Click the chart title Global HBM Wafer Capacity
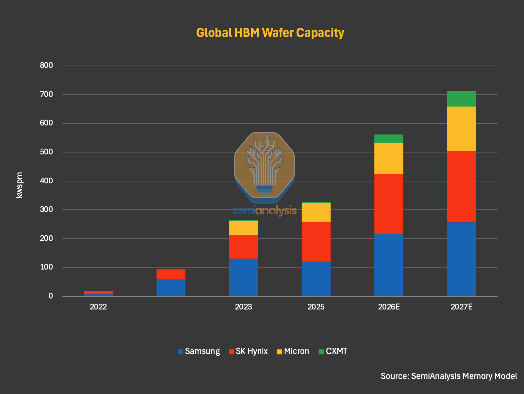coord(270,33)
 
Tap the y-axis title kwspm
coord(19,185)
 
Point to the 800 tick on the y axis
coord(46,65)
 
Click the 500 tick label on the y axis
coord(46,152)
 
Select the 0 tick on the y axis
coord(51,296)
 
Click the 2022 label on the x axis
coord(98,307)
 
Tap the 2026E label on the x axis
coord(389,307)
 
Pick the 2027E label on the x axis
coord(461,307)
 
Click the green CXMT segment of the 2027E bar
coord(461,99)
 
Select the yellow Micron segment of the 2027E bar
coord(461,129)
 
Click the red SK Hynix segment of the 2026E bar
coord(389,204)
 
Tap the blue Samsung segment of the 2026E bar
coord(389,265)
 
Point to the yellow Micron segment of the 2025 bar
coord(316,212)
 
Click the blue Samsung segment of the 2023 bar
coord(243,277)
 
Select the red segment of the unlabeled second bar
coord(171,275)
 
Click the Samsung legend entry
coord(199,351)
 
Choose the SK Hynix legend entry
coord(248,351)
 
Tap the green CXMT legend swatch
coord(321,352)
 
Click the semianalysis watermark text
coord(265,211)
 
